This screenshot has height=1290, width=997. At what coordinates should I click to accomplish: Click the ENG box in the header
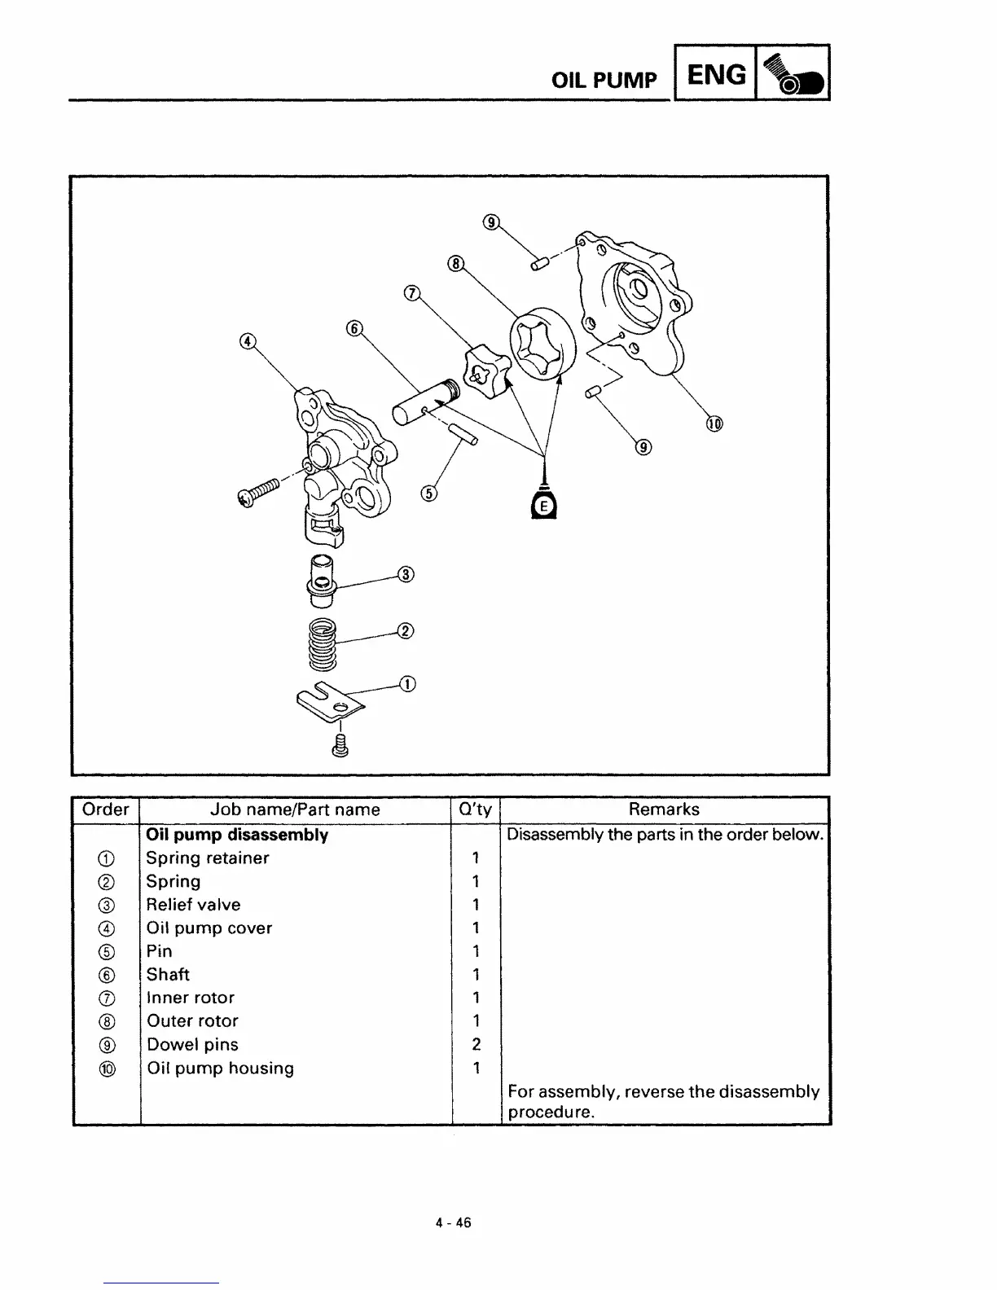pos(716,74)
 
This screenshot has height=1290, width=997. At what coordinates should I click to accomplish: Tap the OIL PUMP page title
pos(604,80)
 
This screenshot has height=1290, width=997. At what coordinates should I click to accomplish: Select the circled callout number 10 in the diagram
pos(714,423)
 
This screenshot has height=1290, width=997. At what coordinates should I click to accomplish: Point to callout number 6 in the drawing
pos(354,328)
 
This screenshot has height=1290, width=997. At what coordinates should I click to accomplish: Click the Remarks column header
pos(664,810)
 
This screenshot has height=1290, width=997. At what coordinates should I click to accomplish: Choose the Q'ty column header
pos(476,810)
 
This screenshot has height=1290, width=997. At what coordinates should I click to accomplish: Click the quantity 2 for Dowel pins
pos(477,1044)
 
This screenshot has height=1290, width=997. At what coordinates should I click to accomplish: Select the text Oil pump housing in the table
pos(220,1068)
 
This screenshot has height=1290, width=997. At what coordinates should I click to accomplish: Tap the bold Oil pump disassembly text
pos(237,835)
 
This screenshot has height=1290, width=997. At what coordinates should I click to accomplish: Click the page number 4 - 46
pos(453,1222)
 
